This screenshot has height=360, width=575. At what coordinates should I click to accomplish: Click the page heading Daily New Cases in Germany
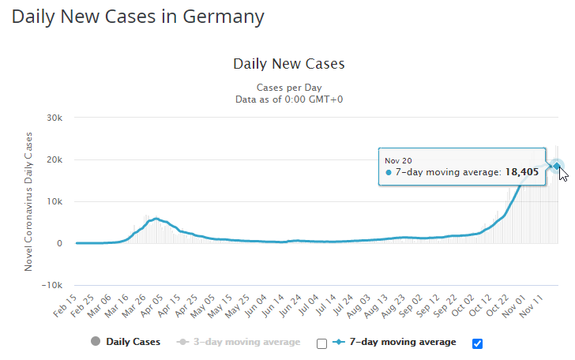138,16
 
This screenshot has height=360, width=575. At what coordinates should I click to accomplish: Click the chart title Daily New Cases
289,63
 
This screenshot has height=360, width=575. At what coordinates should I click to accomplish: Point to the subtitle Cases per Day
289,87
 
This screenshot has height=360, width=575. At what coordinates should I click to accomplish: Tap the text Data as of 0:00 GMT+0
289,99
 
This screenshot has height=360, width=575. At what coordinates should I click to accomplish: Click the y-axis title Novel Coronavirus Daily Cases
28,202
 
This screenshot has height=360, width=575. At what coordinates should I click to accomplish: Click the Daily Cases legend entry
126,342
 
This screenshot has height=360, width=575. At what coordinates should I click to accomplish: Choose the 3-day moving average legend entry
242,342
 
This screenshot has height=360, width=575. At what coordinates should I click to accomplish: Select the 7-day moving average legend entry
397,342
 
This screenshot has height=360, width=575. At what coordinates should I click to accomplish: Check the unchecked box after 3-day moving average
321,343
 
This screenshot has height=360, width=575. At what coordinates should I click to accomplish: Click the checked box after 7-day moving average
476,343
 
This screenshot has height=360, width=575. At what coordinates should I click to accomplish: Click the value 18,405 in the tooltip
522,171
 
